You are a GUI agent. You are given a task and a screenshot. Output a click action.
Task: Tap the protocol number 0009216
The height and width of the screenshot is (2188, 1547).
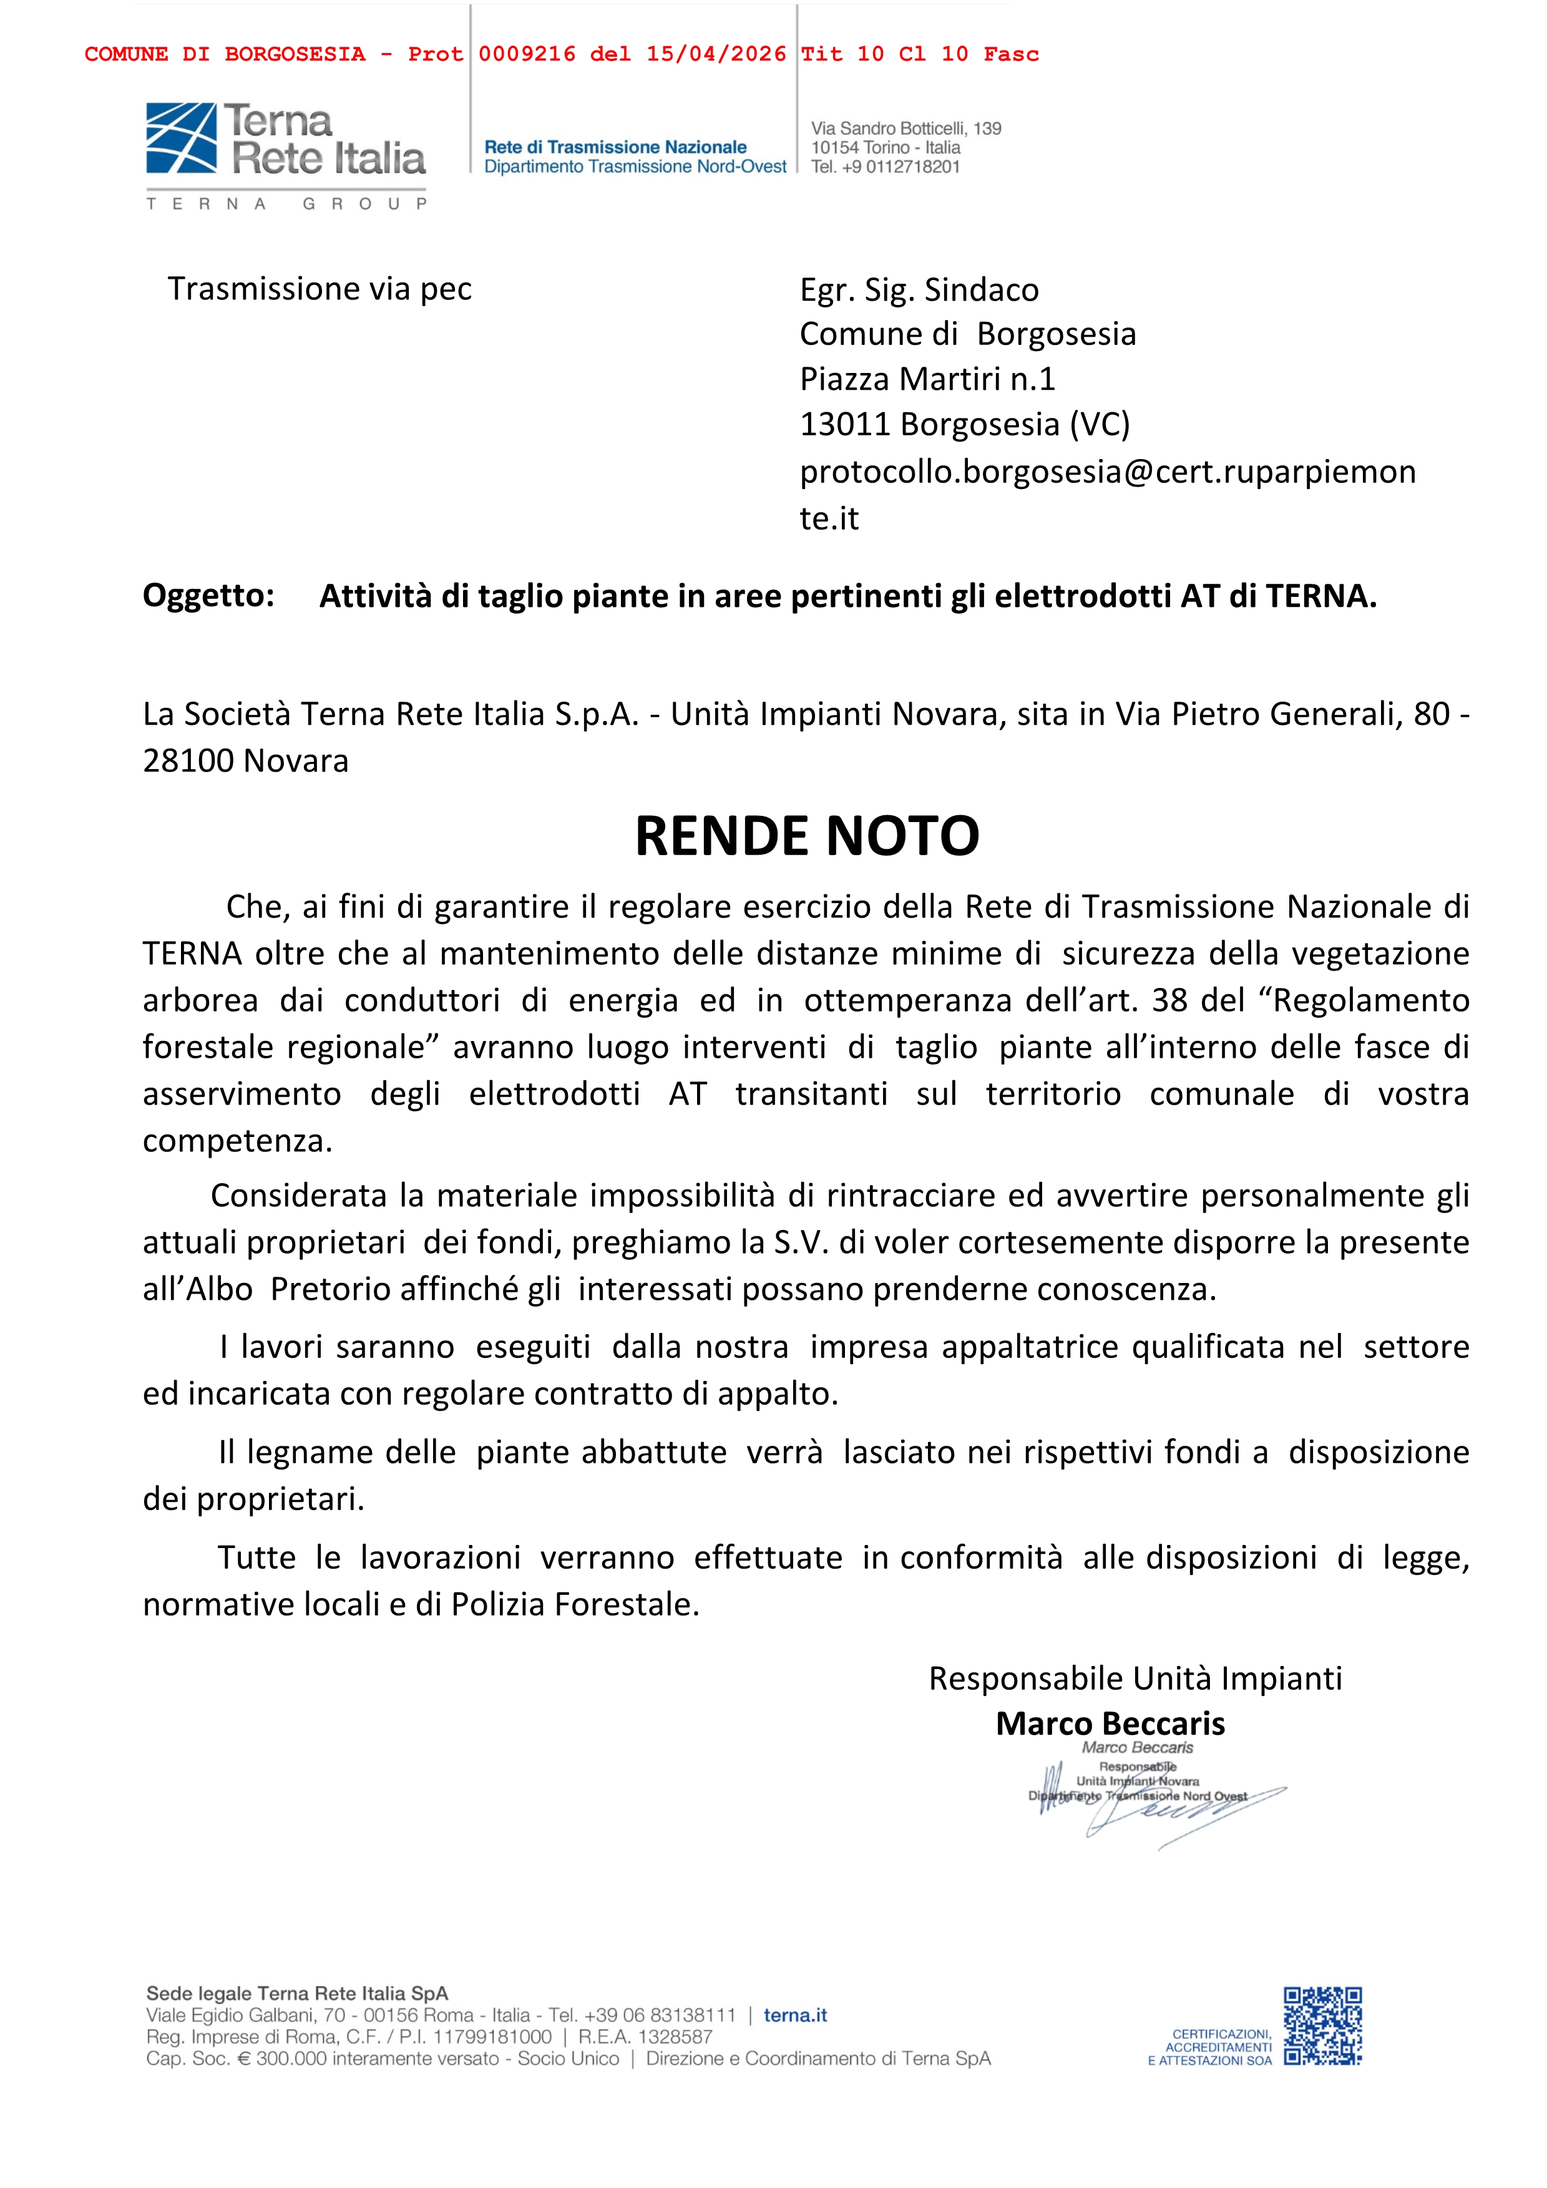pyautogui.click(x=527, y=54)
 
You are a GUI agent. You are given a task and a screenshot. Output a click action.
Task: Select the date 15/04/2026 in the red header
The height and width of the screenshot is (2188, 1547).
pyautogui.click(x=716, y=54)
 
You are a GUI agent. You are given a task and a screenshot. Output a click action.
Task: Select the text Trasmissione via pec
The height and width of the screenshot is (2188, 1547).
pyautogui.click(x=320, y=289)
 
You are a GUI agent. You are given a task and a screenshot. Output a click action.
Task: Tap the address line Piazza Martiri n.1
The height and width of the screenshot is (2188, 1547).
pyautogui.click(x=927, y=379)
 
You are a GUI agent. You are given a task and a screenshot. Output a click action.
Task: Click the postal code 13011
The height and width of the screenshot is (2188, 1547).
pyautogui.click(x=846, y=424)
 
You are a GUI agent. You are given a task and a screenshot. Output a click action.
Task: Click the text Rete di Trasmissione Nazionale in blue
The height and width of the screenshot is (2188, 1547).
pyautogui.click(x=616, y=147)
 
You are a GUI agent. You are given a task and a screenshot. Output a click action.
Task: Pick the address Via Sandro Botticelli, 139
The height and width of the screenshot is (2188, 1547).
pyautogui.click(x=905, y=128)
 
